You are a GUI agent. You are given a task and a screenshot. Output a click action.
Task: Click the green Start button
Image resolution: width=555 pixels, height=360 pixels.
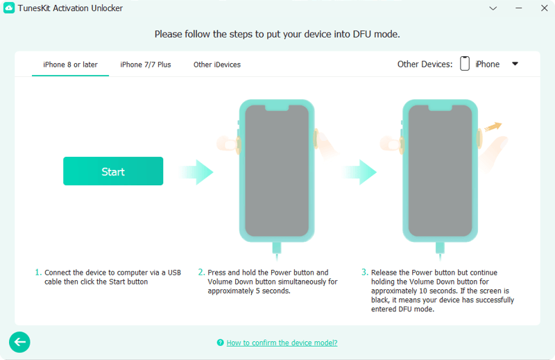pos(113,171)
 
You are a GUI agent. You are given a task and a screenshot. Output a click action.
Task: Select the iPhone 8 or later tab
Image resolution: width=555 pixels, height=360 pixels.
pos(70,65)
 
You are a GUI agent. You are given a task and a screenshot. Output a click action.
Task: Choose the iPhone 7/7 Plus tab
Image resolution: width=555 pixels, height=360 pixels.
pos(146,65)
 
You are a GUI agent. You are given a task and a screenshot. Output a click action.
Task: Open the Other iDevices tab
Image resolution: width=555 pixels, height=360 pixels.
pos(217,65)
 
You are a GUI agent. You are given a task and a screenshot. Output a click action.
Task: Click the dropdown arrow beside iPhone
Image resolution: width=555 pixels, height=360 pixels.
pos(515,64)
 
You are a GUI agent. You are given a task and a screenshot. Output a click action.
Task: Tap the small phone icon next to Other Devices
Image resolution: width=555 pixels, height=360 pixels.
pos(465,64)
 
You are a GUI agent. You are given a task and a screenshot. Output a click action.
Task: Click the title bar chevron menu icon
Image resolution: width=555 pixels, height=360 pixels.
pos(493,9)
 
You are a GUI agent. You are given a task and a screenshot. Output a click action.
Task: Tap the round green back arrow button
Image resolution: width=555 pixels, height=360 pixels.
pos(19,341)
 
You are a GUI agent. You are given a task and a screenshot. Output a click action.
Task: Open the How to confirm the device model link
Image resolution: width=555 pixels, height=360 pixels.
pos(282,343)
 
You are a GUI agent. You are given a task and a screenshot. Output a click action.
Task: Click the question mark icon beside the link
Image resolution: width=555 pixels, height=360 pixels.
pos(220,343)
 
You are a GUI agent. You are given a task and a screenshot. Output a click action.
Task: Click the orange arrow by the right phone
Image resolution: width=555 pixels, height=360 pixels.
pos(494,126)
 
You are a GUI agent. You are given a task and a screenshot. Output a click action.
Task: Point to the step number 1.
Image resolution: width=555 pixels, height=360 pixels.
pos(38,273)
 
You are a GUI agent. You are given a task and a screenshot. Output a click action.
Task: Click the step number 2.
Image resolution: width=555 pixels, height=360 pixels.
pos(201,273)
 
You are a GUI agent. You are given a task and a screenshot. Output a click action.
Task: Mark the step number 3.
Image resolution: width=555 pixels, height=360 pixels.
pos(364,273)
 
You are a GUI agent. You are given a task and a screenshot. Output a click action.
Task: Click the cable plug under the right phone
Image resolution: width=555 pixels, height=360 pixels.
pos(440,248)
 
